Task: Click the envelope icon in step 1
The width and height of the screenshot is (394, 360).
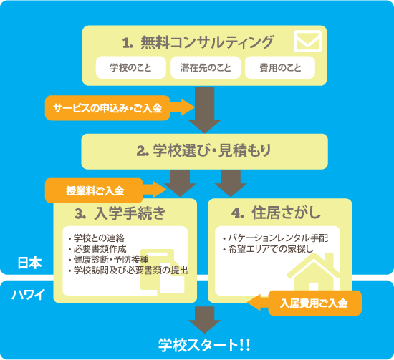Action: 307,42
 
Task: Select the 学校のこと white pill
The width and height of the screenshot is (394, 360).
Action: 130,67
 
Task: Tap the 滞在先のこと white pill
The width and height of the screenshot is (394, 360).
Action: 206,67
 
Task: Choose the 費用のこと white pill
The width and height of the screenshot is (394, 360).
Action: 280,67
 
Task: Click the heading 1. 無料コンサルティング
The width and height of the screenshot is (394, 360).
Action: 198,42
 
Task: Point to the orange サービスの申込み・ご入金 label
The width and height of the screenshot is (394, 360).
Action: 107,108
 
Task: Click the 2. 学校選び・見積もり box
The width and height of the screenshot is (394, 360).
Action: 205,152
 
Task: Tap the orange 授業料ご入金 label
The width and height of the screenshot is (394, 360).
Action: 95,190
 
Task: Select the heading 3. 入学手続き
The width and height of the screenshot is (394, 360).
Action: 120,213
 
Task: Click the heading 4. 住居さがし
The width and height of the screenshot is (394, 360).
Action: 276,213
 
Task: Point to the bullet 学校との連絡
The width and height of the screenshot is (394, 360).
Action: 97,238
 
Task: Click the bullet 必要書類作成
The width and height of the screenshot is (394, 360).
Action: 97,249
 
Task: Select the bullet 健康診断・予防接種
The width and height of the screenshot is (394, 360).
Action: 109,260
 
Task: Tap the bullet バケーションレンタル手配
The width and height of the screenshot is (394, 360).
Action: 275,238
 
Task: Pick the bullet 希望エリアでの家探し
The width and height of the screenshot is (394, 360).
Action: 268,249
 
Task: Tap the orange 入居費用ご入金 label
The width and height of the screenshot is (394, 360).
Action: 314,303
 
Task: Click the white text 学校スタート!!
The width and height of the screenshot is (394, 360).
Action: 204,345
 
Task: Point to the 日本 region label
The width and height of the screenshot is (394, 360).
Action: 29,263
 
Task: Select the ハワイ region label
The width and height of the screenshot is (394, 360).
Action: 29,294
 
